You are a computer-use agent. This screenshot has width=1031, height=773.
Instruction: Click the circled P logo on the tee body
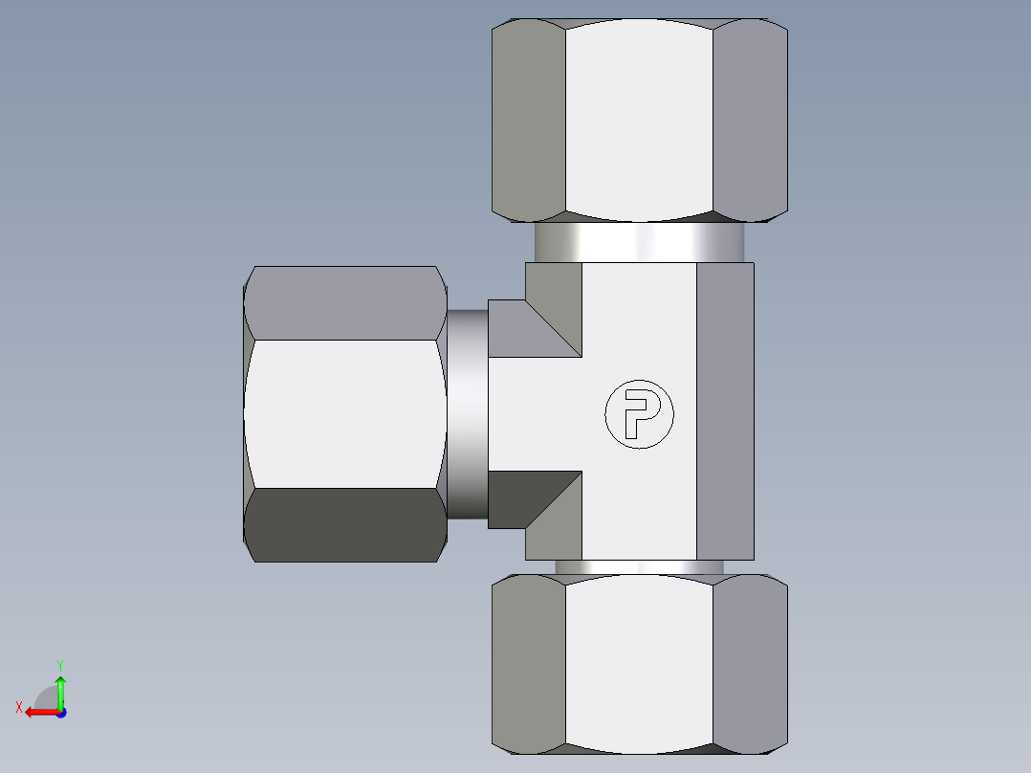(x=639, y=414)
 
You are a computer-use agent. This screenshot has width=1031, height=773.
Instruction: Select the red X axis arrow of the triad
(x=38, y=712)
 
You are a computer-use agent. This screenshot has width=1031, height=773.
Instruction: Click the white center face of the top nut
(x=639, y=120)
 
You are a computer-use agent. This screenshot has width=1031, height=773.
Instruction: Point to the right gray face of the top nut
(x=750, y=120)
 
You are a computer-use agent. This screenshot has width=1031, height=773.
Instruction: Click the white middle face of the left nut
(x=344, y=413)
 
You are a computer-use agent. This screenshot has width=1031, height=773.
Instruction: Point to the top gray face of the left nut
(x=344, y=302)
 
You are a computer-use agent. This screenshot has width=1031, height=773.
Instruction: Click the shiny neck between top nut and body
(x=639, y=242)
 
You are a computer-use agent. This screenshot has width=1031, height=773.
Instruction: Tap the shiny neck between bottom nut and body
(x=639, y=567)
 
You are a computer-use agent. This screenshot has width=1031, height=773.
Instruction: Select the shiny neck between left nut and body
(x=468, y=413)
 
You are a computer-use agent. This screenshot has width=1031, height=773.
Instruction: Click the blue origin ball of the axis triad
(x=60, y=712)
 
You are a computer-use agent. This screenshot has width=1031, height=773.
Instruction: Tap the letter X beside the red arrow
(x=19, y=707)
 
